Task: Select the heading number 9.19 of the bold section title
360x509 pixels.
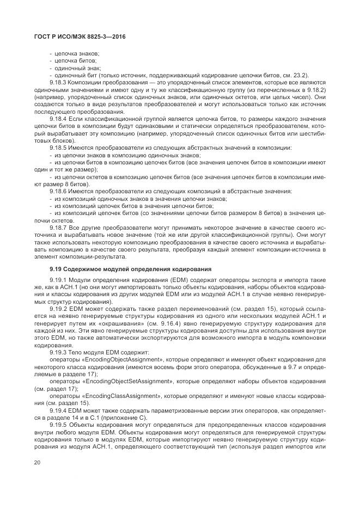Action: point(56,269)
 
